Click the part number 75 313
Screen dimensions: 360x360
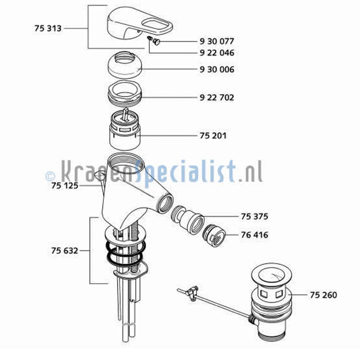tap(48, 28)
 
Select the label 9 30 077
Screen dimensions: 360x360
tap(216, 41)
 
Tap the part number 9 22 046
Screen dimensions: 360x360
tap(217, 53)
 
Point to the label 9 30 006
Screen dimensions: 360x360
tap(217, 70)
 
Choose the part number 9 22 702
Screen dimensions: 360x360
tap(216, 97)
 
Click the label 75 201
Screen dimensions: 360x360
tap(213, 136)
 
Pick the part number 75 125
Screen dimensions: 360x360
tap(65, 186)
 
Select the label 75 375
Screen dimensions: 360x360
tap(254, 216)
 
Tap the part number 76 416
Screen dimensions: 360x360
tap(254, 235)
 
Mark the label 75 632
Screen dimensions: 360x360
tap(65, 251)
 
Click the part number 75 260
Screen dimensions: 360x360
tap(323, 295)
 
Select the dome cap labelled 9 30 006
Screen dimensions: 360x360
tap(125, 65)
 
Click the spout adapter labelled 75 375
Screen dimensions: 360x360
tap(188, 220)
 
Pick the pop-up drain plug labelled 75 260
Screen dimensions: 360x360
tap(271, 303)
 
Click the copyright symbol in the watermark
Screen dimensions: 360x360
tap(50, 176)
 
